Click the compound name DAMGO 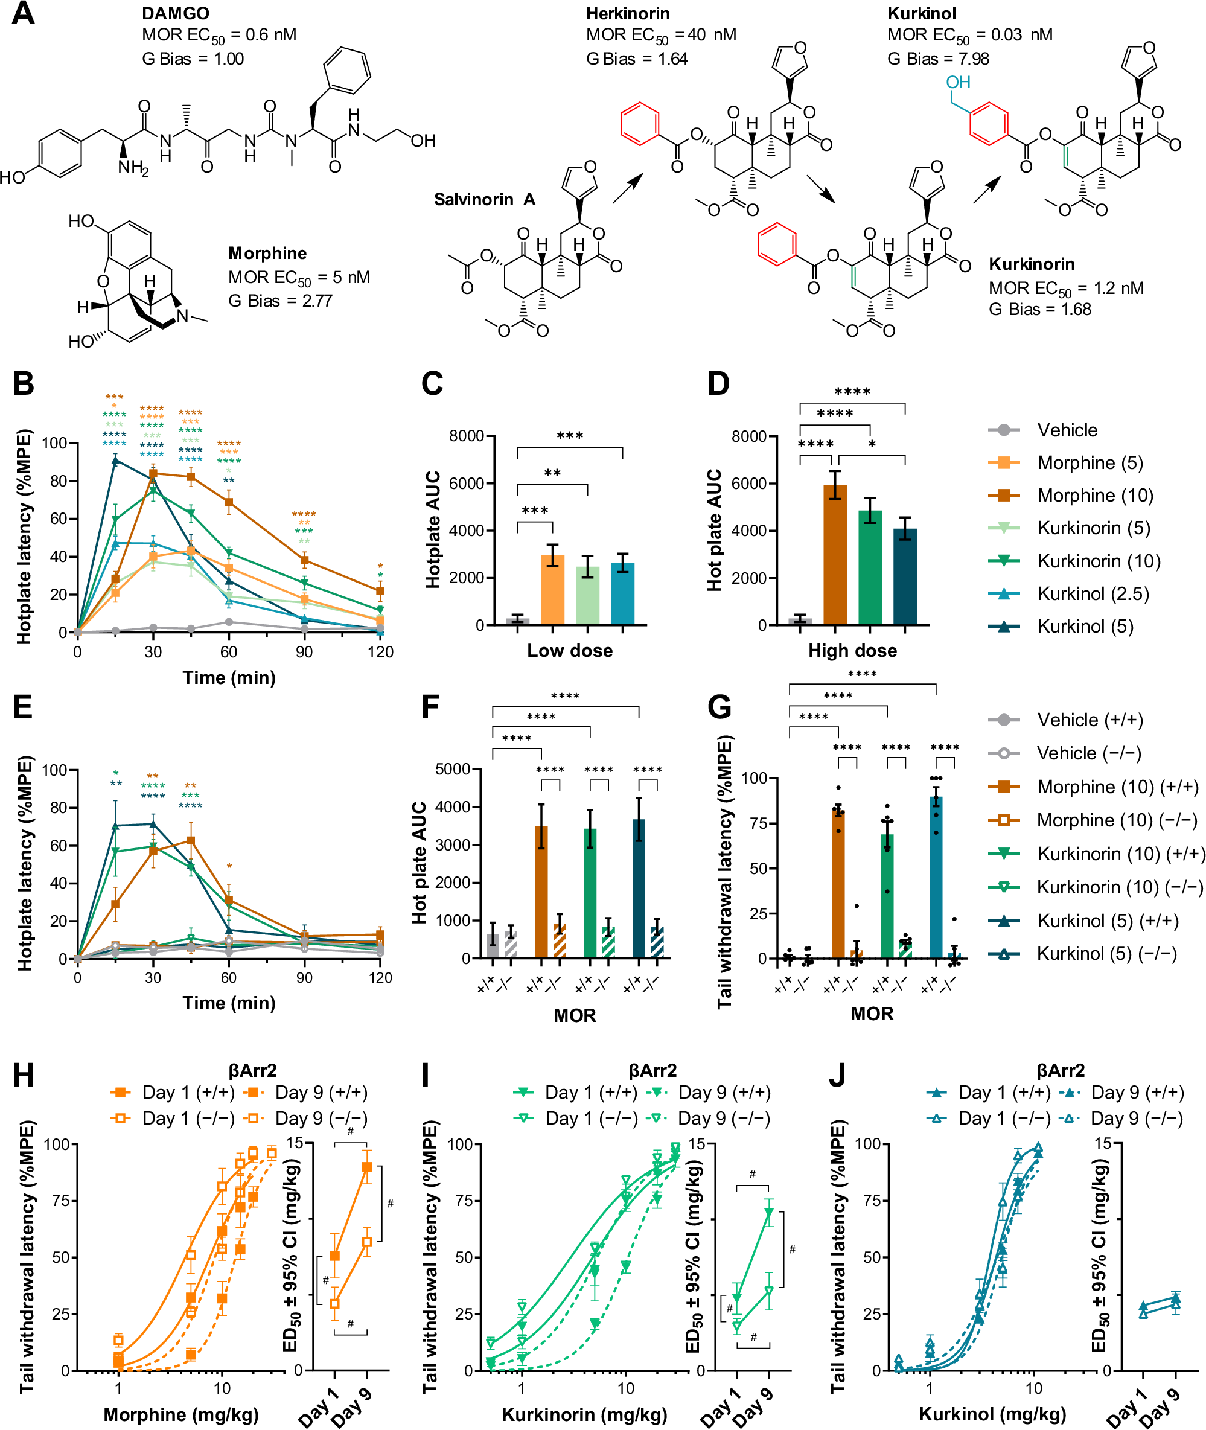tap(175, 13)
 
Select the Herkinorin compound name tap(628, 13)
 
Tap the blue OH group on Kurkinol tap(958, 83)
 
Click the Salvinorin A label tap(484, 200)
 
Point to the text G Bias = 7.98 tap(938, 59)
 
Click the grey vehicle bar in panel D tap(800, 621)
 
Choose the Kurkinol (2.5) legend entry tap(1093, 593)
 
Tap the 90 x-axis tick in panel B tap(304, 652)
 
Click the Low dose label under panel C tap(570, 650)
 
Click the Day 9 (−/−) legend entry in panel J tap(1135, 1119)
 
